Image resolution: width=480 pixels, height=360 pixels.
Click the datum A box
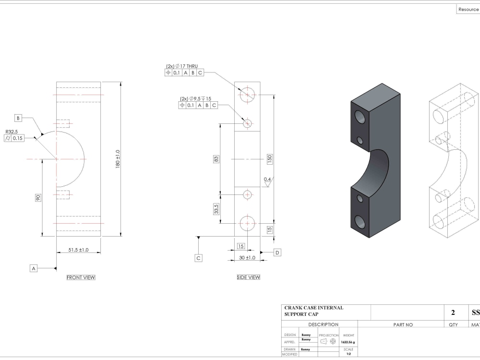34,268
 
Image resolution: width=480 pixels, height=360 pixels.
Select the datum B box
18,118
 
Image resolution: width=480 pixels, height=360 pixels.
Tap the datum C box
199,258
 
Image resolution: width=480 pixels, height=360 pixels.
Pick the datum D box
277,252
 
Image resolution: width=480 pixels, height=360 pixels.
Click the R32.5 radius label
12,132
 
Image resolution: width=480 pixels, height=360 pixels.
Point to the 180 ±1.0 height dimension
118,158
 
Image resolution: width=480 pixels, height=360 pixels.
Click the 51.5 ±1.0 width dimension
79,250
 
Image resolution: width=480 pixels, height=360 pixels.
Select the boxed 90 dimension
38,197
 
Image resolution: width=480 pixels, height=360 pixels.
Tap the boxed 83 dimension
216,159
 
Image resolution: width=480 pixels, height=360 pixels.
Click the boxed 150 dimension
270,159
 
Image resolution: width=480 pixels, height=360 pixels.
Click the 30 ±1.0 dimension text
248,258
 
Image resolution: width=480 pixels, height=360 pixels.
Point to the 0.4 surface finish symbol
267,180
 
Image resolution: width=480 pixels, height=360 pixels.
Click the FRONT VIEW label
81,277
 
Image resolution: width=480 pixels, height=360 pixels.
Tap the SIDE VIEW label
249,277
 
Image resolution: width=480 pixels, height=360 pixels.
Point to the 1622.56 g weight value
348,342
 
